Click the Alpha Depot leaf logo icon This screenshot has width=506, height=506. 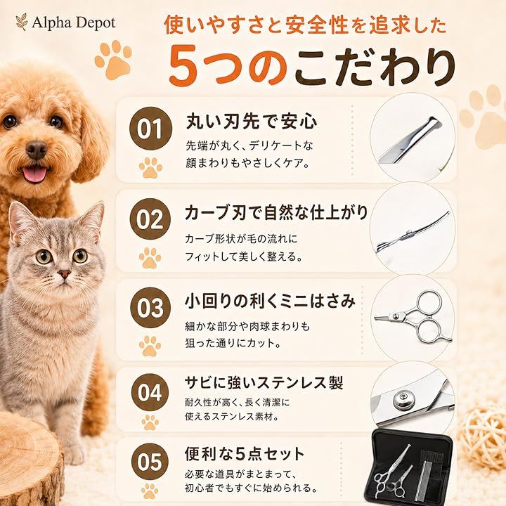[22, 22]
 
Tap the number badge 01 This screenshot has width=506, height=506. [150, 129]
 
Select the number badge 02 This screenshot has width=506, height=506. [150, 219]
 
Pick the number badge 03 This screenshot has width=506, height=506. [150, 308]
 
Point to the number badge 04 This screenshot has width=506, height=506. [150, 392]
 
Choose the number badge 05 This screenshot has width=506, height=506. [150, 462]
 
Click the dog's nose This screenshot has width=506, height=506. [36, 150]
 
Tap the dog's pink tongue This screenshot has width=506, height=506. [33, 174]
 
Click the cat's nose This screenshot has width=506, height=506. [65, 274]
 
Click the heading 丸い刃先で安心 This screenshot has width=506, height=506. [252, 122]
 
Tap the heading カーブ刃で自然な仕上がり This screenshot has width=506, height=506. [276, 213]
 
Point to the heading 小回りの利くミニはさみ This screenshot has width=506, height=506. [270, 301]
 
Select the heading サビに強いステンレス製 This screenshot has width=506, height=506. [264, 383]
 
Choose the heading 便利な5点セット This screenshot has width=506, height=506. [245, 454]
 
